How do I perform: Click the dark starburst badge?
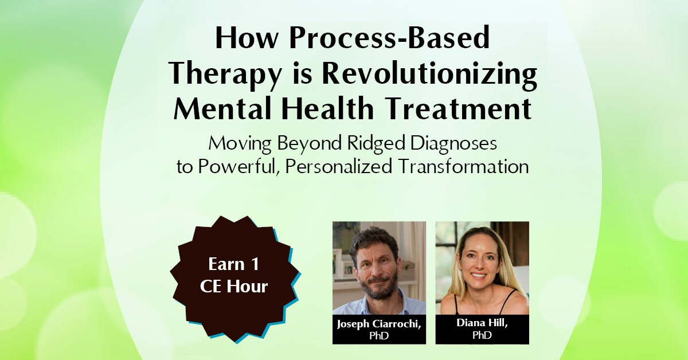click(x=238, y=278)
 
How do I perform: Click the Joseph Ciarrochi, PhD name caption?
click(x=379, y=328)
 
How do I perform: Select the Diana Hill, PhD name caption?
click(x=482, y=328)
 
